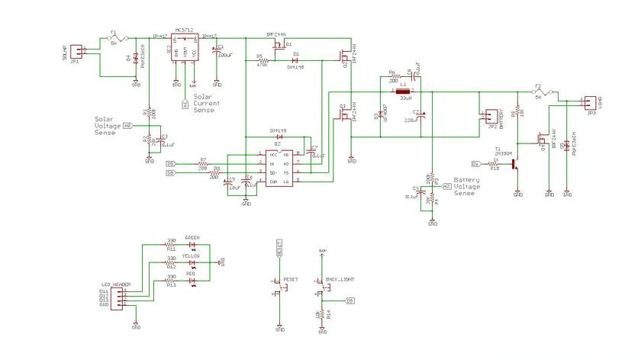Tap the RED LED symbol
point(192,282)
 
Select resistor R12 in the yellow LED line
point(172,263)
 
